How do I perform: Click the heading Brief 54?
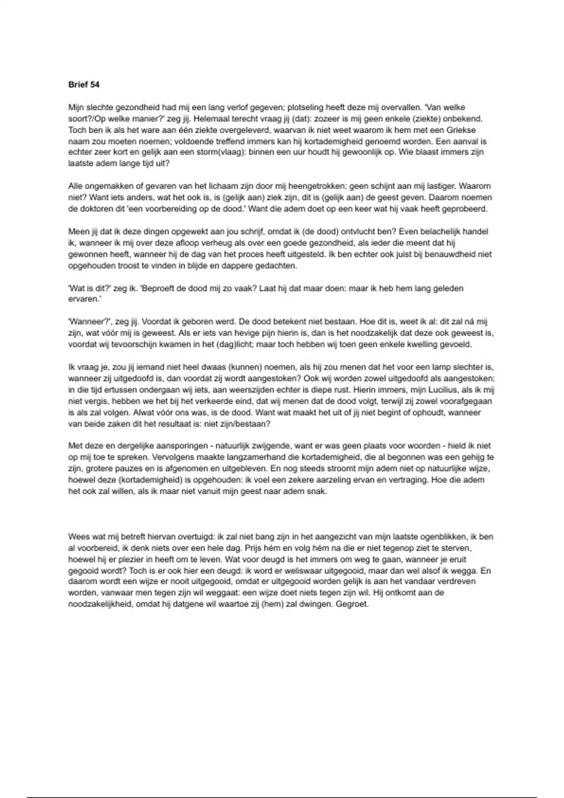(84, 84)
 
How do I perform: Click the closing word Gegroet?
(352, 604)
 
